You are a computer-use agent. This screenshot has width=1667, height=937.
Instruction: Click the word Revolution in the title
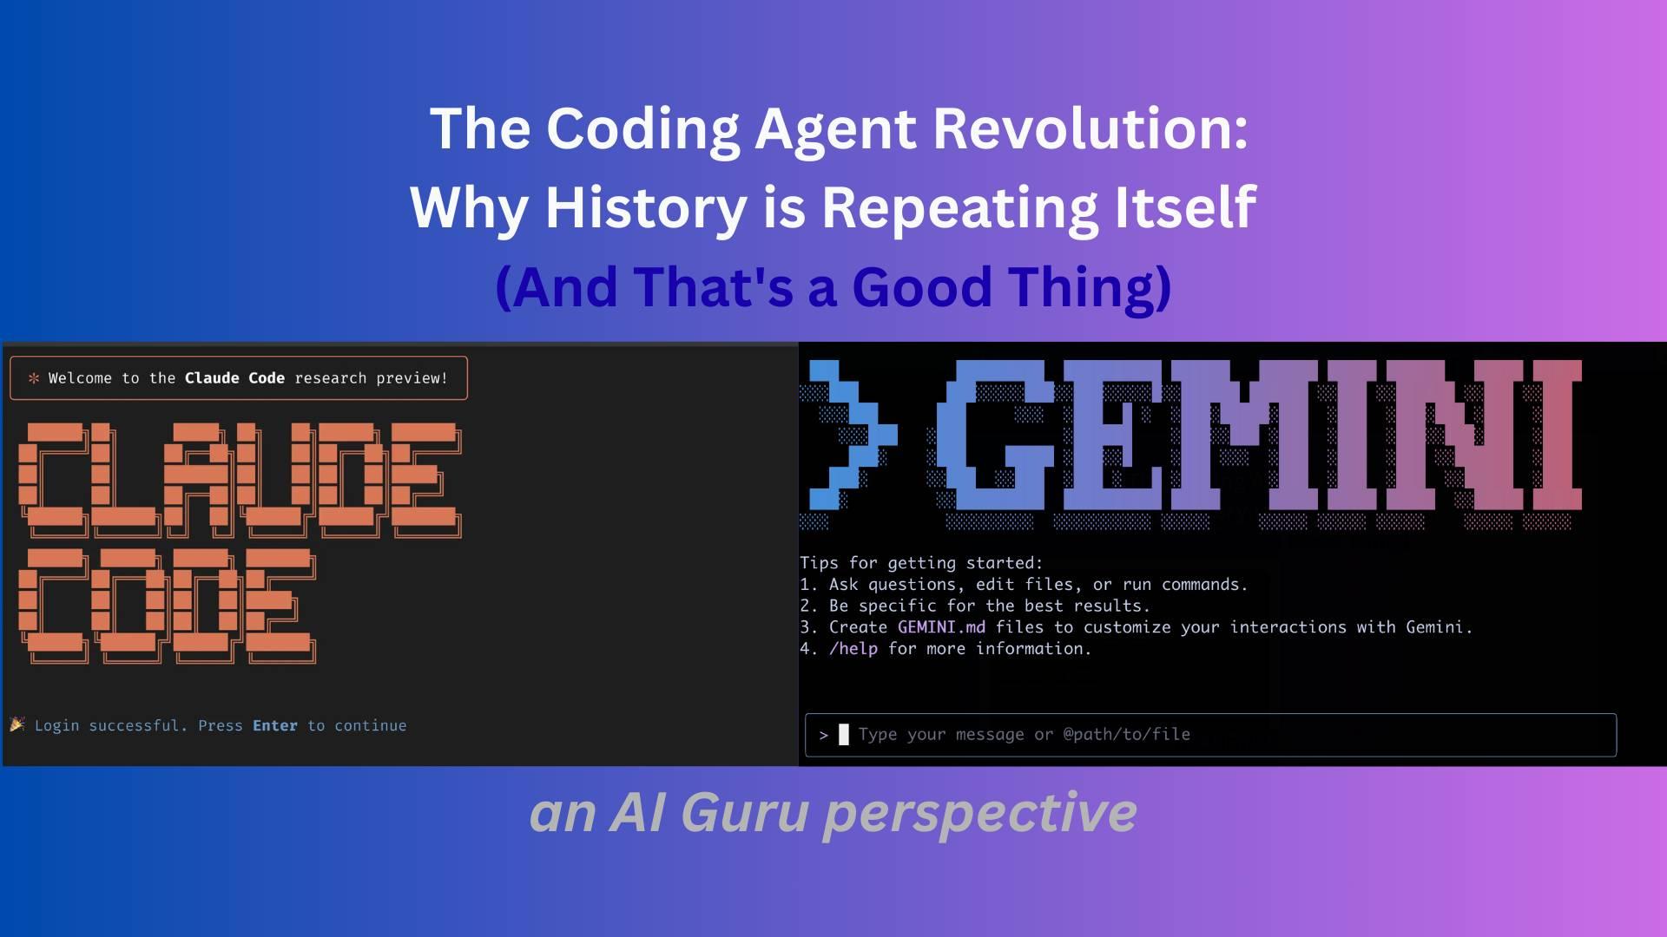point(1090,128)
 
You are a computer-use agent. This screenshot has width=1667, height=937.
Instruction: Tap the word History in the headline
point(645,207)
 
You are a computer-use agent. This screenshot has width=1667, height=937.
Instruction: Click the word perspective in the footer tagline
point(979,814)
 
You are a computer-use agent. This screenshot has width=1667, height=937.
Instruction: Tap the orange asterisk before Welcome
point(34,378)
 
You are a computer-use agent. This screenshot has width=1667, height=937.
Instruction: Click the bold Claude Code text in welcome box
point(234,378)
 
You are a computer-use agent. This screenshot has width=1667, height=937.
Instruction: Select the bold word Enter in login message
point(275,726)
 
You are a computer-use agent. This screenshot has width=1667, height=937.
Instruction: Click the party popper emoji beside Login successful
point(17,724)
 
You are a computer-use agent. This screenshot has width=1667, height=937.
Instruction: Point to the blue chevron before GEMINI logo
point(847,434)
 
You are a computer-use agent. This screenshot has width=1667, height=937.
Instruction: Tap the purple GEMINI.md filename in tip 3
point(941,627)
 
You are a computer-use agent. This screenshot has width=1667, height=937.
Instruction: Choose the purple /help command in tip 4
point(853,649)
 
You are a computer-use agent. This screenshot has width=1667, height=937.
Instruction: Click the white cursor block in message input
point(844,735)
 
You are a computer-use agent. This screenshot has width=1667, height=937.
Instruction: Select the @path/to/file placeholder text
point(1126,735)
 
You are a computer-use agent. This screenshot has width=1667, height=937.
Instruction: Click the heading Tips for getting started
point(920,563)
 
